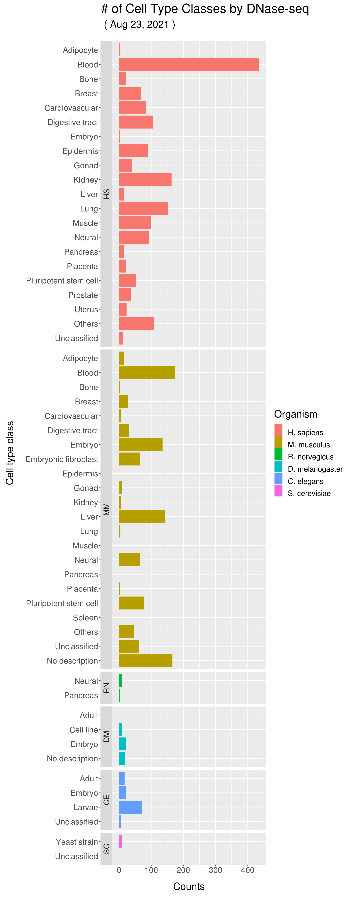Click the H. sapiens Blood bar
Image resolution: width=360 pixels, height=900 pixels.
189,65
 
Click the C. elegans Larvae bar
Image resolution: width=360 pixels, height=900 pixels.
130,807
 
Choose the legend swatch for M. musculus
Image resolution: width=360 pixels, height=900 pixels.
278,442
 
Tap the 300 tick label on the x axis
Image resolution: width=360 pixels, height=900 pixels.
215,870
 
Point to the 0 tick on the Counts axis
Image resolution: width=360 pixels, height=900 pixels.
119,870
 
